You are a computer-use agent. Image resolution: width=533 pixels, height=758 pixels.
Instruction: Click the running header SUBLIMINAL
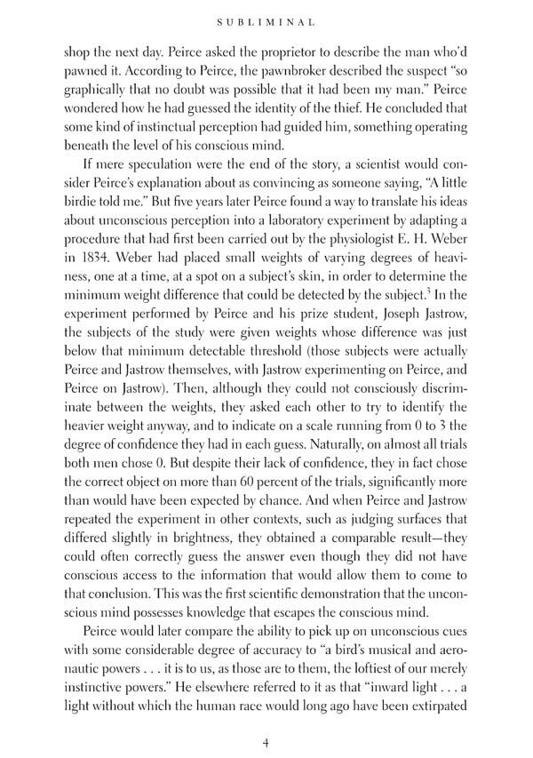pyautogui.click(x=266, y=17)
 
